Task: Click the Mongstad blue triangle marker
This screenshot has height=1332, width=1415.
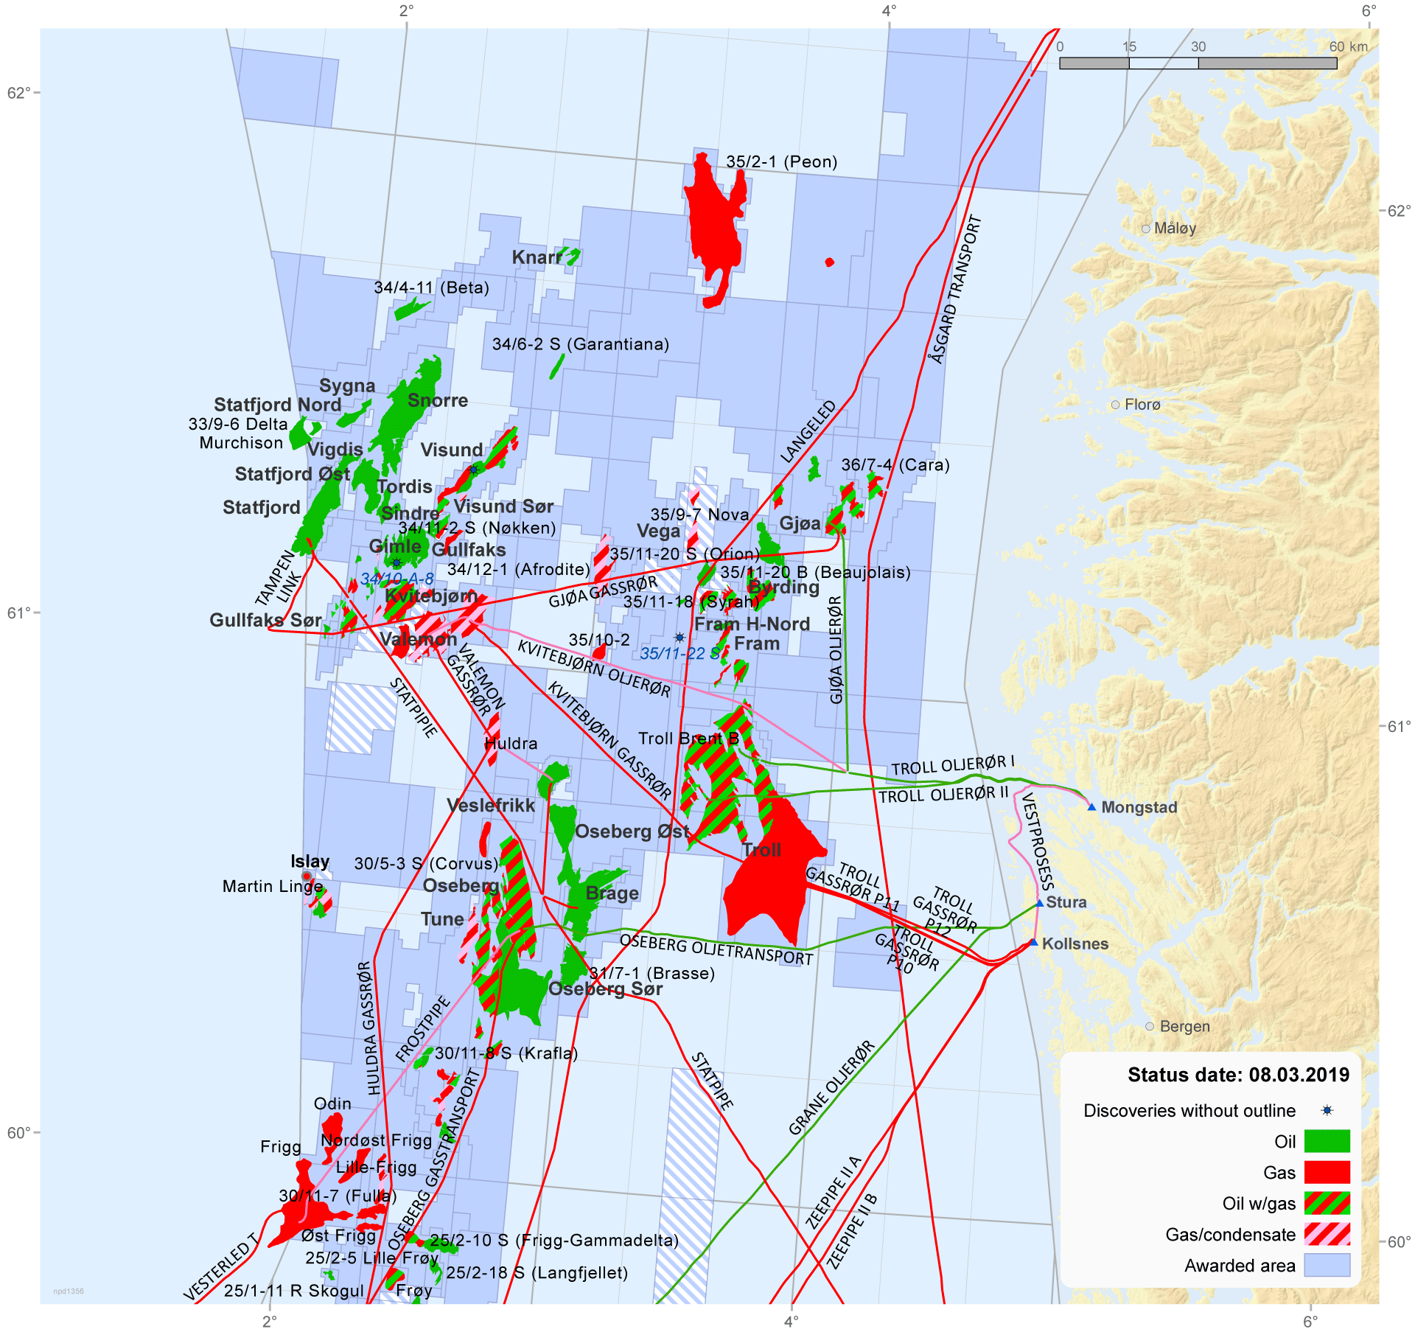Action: [x=1091, y=807]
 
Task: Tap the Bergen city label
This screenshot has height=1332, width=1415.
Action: [x=1184, y=1027]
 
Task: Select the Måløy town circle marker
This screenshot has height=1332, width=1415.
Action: [x=1146, y=229]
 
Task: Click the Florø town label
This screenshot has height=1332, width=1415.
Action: [x=1142, y=405]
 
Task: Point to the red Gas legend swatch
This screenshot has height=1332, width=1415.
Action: [x=1327, y=1172]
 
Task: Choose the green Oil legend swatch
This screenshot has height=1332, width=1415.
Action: [x=1327, y=1141]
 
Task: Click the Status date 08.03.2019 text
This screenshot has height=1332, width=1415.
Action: [x=1238, y=1075]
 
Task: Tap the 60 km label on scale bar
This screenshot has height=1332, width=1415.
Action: [x=1348, y=46]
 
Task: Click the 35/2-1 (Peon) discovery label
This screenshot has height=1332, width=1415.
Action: [x=781, y=161]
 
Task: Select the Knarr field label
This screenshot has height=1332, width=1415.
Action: [x=537, y=257]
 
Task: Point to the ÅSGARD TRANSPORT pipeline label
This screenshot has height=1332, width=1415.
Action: [x=956, y=289]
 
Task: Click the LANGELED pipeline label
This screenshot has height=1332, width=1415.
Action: [x=808, y=432]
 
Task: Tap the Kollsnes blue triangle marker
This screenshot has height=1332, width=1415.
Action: [x=1033, y=943]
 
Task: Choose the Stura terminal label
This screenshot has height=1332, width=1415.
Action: [x=1066, y=902]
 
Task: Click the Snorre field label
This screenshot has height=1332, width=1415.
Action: [x=438, y=400]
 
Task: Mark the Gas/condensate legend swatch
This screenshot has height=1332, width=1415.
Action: [x=1327, y=1234]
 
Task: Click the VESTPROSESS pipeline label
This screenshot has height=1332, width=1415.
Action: [x=1038, y=841]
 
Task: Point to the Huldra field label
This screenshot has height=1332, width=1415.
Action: [x=511, y=744]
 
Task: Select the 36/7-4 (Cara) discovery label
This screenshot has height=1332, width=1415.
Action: [x=895, y=465]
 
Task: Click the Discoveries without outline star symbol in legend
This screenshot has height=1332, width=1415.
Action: [x=1327, y=1110]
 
